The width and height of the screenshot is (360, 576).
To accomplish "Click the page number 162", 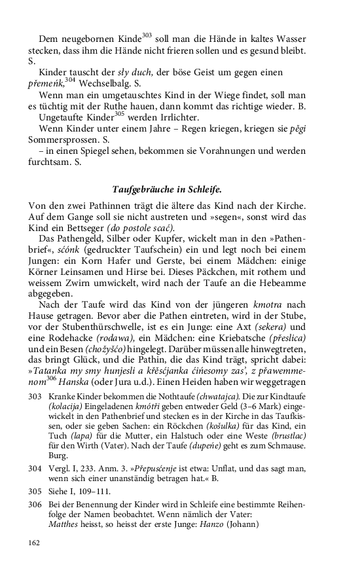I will pyautogui.click(x=34, y=542).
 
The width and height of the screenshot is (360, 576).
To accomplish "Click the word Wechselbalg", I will pyautogui.click(x=100, y=84).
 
